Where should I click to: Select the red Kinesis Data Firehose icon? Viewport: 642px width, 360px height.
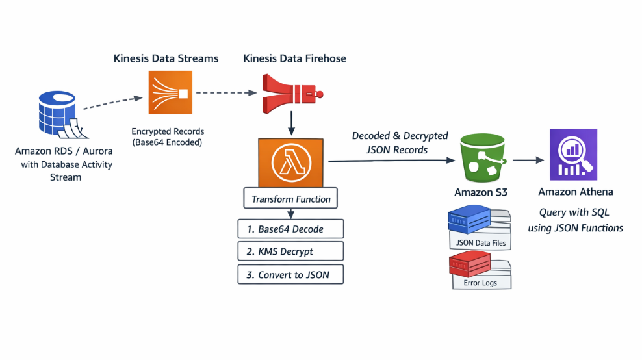click(x=290, y=93)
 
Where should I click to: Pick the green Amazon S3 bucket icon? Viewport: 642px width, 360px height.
click(x=481, y=158)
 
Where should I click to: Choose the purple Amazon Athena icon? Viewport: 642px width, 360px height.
click(x=573, y=154)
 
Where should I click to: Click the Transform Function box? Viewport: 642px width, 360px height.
click(x=290, y=199)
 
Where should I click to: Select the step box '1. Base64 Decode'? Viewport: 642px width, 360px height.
click(x=290, y=229)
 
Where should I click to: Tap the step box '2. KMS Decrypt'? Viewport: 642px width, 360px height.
click(x=290, y=251)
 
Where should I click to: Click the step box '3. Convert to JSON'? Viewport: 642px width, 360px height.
click(x=290, y=275)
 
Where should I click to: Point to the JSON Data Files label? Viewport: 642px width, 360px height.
click(x=481, y=244)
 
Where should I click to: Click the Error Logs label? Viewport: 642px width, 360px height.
click(x=481, y=283)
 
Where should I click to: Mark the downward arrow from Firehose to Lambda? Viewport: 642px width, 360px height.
click(x=290, y=122)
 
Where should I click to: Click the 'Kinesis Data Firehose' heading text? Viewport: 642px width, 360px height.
click(x=294, y=58)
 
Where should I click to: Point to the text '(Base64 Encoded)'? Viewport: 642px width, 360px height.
click(x=166, y=142)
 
